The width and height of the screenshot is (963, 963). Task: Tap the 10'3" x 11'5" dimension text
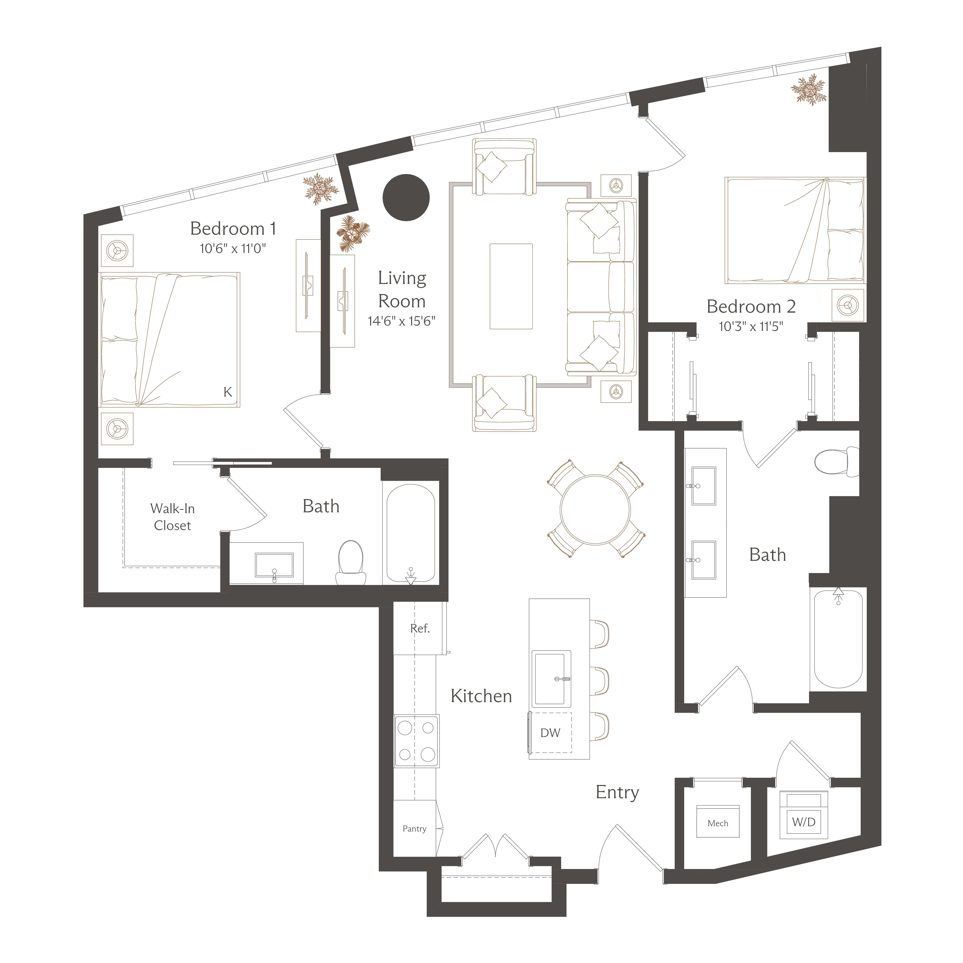[751, 327]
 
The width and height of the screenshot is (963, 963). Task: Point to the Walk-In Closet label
[173, 517]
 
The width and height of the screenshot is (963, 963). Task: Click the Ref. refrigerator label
[420, 629]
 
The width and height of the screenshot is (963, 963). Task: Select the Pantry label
[414, 828]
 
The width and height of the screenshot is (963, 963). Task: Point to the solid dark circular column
[406, 197]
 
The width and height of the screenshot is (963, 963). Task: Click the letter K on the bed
[228, 392]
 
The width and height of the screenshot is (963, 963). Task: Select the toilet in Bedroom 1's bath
[351, 563]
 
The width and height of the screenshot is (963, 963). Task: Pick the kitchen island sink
[551, 678]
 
